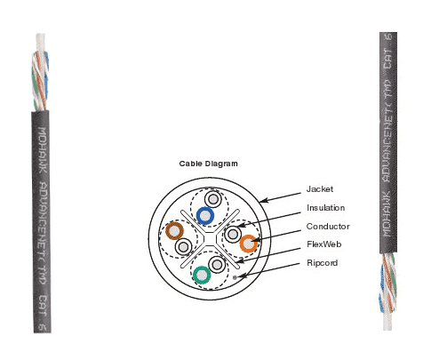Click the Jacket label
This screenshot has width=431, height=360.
pyautogui.click(x=320, y=189)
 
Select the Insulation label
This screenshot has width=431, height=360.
pyautogui.click(x=325, y=208)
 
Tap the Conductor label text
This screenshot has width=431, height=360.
pyautogui.click(x=328, y=227)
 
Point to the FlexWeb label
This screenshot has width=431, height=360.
pyautogui.click(x=324, y=244)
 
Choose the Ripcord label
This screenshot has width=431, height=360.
pyautogui.click(x=323, y=263)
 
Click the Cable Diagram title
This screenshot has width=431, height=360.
pyautogui.click(x=208, y=164)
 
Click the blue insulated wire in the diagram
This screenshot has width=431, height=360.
pyautogui.click(x=205, y=216)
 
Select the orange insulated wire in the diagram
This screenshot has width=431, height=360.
pyautogui.click(x=248, y=244)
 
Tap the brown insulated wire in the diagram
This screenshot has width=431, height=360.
pyautogui.click(x=174, y=231)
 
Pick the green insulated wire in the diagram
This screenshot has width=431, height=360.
pyautogui.click(x=202, y=275)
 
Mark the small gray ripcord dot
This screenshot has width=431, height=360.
pyautogui.click(x=235, y=277)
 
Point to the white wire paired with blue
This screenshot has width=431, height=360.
pyautogui.click(x=213, y=199)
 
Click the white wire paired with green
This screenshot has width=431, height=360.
pyautogui.click(x=217, y=265)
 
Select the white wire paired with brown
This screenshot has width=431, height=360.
pyautogui.click(x=183, y=246)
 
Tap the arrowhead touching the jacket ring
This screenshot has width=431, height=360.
pyautogui.click(x=263, y=201)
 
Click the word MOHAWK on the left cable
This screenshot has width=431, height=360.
pyautogui.click(x=43, y=150)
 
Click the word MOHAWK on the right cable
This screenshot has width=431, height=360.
pyautogui.click(x=388, y=214)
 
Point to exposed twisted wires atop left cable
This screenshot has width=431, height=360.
pyautogui.click(x=41, y=72)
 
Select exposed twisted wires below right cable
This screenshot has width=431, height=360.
pyautogui.click(x=388, y=292)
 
